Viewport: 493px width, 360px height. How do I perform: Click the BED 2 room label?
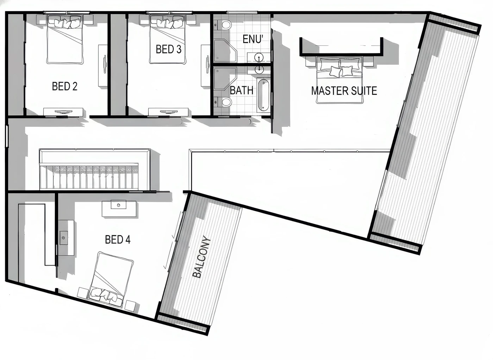(x=65, y=86)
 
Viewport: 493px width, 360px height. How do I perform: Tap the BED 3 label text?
(x=169, y=49)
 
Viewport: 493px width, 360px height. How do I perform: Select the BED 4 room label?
(x=118, y=239)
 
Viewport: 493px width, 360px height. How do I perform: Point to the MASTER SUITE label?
(x=344, y=91)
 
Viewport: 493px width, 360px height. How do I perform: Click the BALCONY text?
(x=201, y=257)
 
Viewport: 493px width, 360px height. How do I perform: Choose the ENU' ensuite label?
(x=253, y=39)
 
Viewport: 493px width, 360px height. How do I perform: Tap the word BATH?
(x=242, y=90)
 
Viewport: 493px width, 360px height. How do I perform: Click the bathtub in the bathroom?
(x=263, y=95)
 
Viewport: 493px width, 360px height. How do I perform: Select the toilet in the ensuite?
(x=223, y=25)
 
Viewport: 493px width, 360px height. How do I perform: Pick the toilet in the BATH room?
(x=223, y=102)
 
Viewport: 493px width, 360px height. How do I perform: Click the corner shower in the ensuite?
(x=225, y=51)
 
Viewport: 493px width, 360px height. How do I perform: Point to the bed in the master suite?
(x=339, y=80)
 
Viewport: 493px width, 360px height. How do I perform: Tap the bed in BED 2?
(x=65, y=39)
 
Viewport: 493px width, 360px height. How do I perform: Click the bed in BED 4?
(x=111, y=280)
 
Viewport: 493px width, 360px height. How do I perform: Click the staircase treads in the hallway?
(x=89, y=176)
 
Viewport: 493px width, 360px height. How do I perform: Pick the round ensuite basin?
(x=259, y=58)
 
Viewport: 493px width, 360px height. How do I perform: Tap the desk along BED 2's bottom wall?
(x=63, y=112)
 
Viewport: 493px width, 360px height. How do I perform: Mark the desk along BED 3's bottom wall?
(x=168, y=112)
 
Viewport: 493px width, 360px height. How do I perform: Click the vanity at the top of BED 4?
(x=119, y=208)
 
